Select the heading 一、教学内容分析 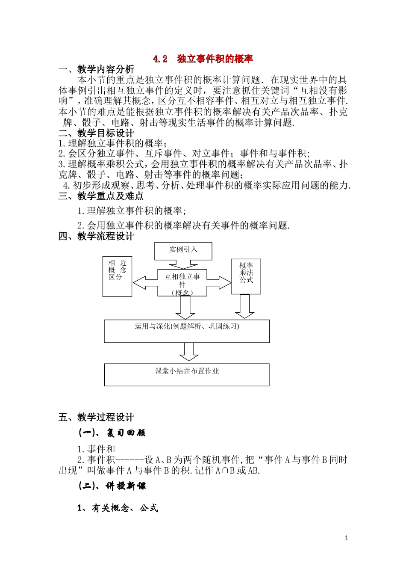96,69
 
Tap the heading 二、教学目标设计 96,133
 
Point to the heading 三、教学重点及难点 101,196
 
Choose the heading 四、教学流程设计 96,236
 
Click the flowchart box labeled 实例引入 183,250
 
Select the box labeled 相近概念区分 118,276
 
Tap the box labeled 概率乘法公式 246,276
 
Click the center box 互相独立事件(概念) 182,282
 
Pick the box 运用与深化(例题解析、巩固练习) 187,331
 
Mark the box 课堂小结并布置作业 187,375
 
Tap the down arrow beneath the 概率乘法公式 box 245,307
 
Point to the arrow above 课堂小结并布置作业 188,353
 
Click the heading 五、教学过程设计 96,417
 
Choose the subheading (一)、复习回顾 112,433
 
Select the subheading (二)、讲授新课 112,486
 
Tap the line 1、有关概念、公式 118,508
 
